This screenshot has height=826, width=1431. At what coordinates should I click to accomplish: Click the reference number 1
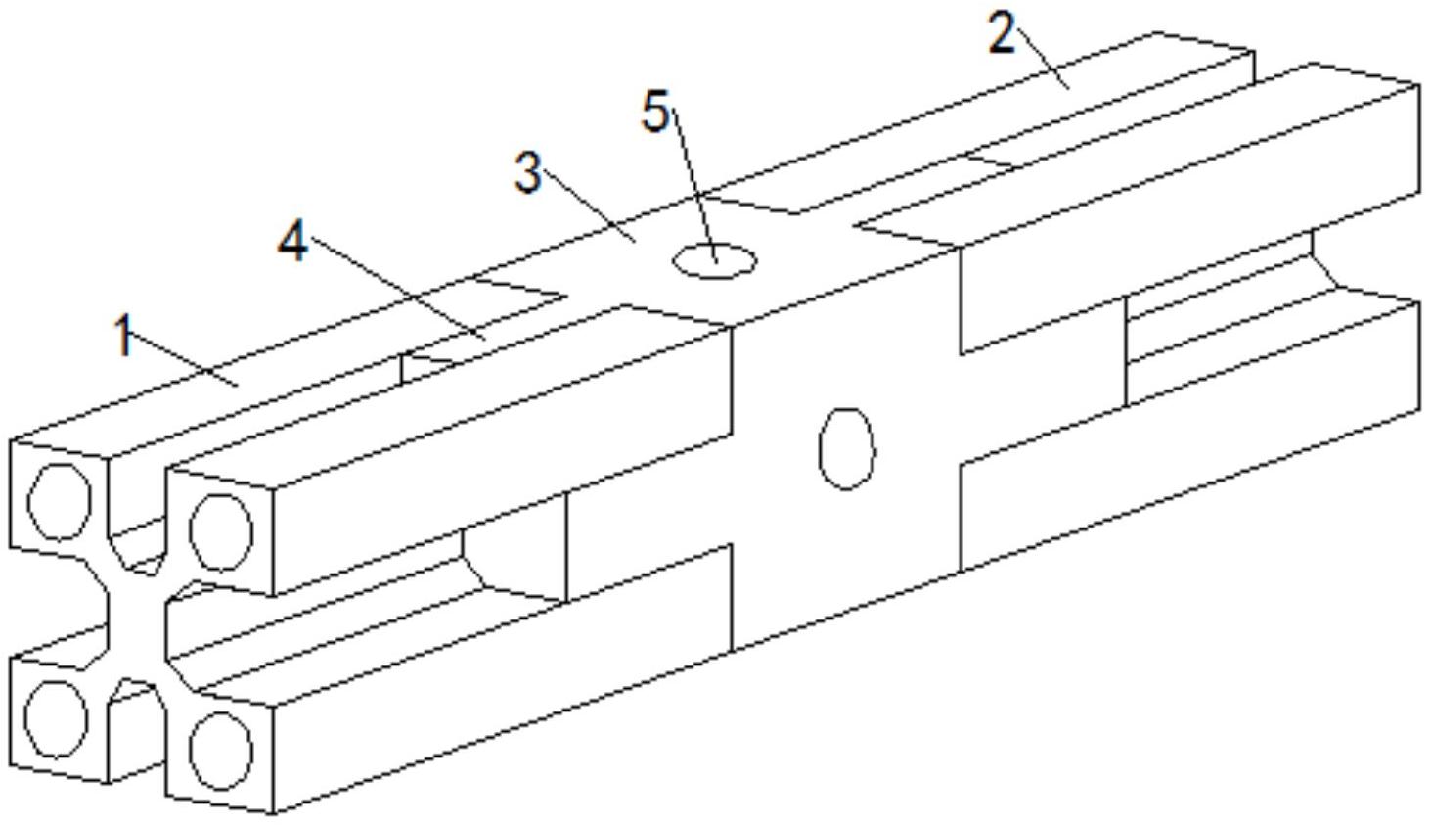pyautogui.click(x=125, y=335)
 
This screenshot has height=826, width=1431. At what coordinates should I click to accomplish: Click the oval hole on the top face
pyautogui.click(x=715, y=261)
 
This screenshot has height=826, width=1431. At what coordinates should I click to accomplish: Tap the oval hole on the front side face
pyautogui.click(x=847, y=449)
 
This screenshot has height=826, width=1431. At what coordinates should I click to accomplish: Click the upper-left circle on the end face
pyautogui.click(x=59, y=502)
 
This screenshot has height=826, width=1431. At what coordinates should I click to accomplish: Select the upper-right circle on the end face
pyautogui.click(x=221, y=532)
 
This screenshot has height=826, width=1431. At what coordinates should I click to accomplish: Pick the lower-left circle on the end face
pyautogui.click(x=56, y=719)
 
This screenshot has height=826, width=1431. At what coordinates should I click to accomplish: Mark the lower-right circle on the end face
pyautogui.click(x=221, y=750)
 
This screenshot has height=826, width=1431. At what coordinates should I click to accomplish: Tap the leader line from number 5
pyautogui.click(x=693, y=185)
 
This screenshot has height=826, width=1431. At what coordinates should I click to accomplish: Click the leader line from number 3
pyautogui.click(x=589, y=206)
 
